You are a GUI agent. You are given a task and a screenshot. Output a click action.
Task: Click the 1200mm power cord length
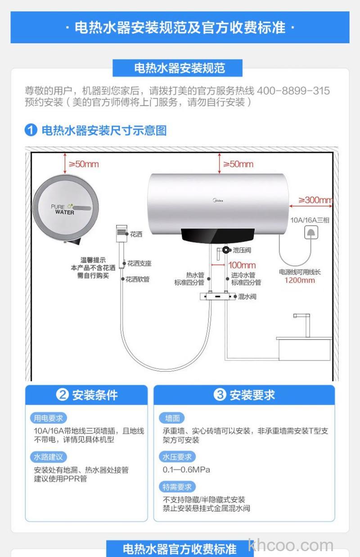(300, 280)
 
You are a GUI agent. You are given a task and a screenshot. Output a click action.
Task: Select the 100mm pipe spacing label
(242, 265)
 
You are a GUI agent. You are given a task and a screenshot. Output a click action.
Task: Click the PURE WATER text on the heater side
(63, 210)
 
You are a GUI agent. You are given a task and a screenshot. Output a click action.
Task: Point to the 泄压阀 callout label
(242, 250)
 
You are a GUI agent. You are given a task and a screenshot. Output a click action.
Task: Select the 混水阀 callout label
(247, 296)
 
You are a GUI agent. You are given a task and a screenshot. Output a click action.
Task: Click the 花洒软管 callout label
(137, 279)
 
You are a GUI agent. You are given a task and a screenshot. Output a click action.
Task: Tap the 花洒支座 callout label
(139, 263)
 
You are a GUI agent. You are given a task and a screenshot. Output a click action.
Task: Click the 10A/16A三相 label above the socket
(310, 220)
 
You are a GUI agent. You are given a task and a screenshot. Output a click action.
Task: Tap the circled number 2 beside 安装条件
(62, 395)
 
